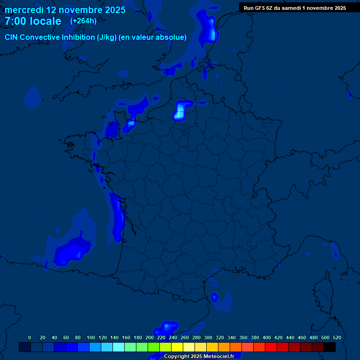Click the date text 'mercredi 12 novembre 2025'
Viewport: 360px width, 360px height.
[65, 10]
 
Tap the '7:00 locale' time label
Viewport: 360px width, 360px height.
[33, 21]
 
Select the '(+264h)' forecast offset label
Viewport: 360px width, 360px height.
[83, 21]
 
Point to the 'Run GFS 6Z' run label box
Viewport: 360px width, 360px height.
[295, 7]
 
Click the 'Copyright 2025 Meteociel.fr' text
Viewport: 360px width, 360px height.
[199, 357]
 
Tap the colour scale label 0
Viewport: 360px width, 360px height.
[30, 337]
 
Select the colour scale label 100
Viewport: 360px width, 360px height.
[91, 337]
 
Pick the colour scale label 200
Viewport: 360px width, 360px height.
[150, 337]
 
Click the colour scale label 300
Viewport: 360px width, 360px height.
[208, 337]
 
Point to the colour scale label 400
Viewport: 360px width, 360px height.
[267, 337]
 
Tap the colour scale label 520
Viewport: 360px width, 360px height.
[337, 337]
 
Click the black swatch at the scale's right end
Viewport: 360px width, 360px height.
[330, 347]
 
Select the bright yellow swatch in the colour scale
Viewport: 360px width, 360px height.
[177, 347]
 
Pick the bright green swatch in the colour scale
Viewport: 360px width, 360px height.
[154, 347]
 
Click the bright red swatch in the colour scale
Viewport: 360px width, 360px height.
[271, 347]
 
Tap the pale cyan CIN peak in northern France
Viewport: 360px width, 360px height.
[180, 112]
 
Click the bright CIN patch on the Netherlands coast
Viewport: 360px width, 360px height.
[213, 34]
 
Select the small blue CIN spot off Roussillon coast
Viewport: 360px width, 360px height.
[214, 297]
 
